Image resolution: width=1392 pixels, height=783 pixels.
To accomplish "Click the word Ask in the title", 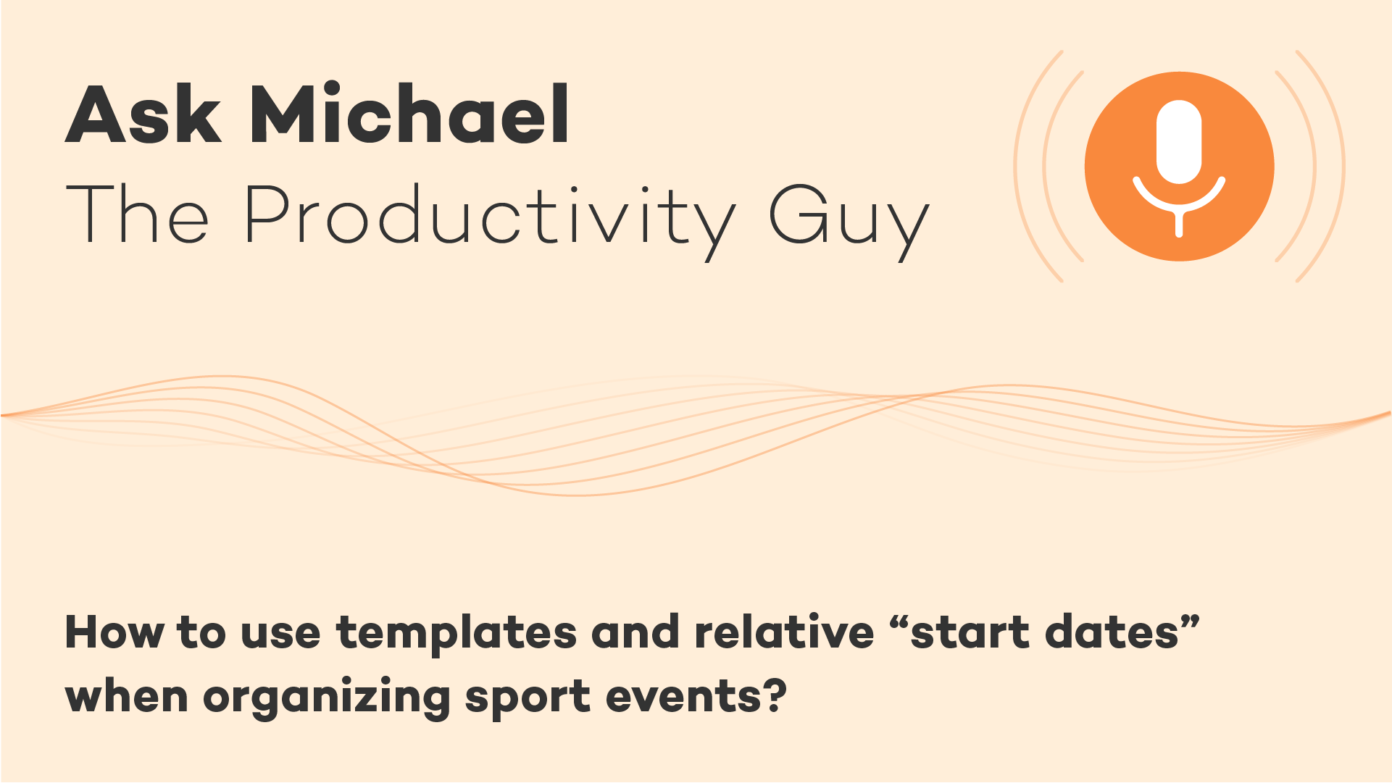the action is (143, 114).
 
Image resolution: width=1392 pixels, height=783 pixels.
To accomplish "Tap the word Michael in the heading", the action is (410, 112).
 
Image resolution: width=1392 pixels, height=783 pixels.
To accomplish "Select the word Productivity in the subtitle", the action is (490, 217).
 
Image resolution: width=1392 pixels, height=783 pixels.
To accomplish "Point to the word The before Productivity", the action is (138, 213).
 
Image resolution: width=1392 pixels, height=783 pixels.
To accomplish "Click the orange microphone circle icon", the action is (1179, 166).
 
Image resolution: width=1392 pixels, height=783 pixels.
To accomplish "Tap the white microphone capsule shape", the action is (1179, 142).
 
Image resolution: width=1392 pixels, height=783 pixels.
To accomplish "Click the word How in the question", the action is (114, 632).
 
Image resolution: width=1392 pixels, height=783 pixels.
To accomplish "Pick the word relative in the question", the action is (784, 631).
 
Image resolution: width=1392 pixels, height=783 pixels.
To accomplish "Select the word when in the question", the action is (127, 695).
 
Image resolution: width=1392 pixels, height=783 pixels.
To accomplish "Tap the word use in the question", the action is (280, 634).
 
